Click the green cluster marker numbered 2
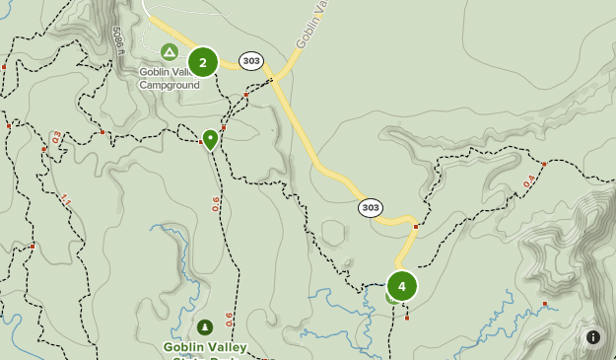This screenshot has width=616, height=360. [x=203, y=62]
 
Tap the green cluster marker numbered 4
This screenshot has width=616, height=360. [x=401, y=286]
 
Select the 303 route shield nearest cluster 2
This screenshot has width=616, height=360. [x=251, y=61]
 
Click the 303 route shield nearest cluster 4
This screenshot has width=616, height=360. [x=371, y=207]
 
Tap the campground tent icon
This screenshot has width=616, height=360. [x=170, y=51]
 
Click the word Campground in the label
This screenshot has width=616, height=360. [x=169, y=85]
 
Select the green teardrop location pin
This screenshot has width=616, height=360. [x=210, y=138]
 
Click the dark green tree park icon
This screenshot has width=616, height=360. [x=204, y=327]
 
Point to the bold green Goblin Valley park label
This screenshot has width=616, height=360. [x=205, y=347]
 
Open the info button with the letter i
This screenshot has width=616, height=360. [x=593, y=337]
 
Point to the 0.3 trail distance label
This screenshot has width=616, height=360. [x=56, y=137]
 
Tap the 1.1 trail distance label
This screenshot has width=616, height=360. [x=66, y=200]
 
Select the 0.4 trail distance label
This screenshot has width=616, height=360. [x=529, y=181]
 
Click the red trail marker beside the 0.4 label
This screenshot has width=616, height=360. [x=544, y=164]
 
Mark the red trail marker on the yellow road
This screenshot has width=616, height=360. [x=416, y=227]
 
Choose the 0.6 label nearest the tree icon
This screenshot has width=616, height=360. [x=229, y=321]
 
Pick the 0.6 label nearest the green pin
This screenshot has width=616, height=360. [x=216, y=204]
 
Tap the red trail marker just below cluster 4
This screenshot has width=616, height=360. [x=407, y=318]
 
